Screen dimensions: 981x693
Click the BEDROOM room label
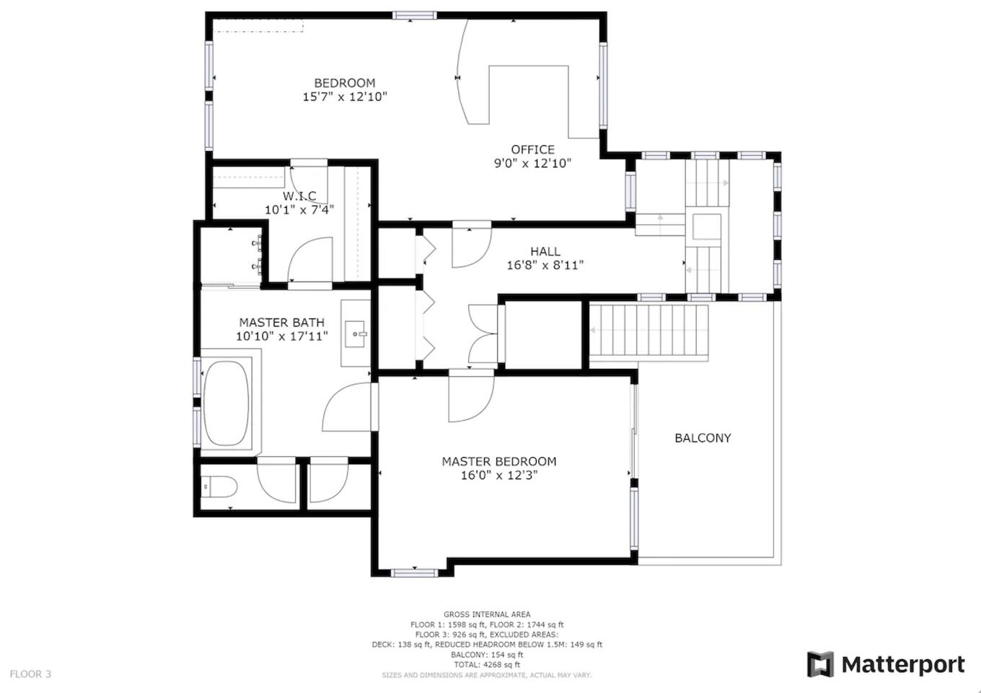coord(345,83)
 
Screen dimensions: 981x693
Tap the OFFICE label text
coord(532,149)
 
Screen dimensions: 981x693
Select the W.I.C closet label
coord(299,196)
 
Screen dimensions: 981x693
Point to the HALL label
coord(545,251)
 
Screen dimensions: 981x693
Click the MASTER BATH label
coord(281,322)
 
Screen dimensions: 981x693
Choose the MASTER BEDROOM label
coord(499,461)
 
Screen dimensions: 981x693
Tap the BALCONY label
coord(703,438)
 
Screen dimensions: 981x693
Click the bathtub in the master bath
coord(226,404)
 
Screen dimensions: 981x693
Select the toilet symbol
coord(219,487)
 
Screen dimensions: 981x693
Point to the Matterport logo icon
coord(821,665)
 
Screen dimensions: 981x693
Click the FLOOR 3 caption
coord(30,674)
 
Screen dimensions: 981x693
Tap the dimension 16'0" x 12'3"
coord(499,475)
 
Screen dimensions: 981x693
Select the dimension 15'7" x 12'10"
coord(345,97)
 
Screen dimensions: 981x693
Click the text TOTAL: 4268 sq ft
coord(487,665)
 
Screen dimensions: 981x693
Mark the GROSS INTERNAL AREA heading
coord(487,614)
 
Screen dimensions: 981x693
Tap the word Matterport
coord(903,665)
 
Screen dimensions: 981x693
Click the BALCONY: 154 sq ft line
coord(487,655)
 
